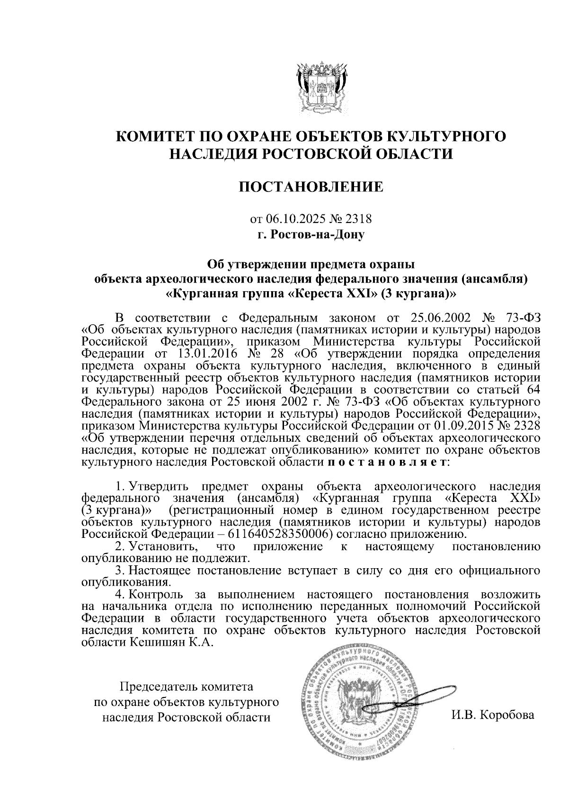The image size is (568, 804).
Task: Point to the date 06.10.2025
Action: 293,219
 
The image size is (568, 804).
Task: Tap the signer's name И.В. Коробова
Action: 493,715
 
